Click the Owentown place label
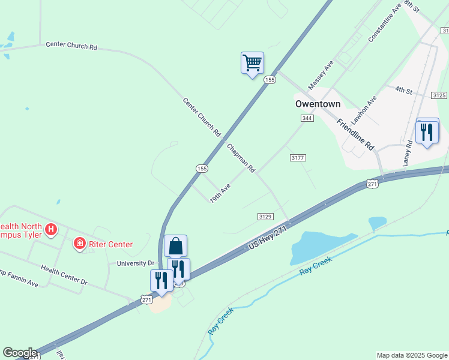pos(318,104)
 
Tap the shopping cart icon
pos(252,62)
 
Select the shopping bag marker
pos(175,245)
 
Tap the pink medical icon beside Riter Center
pos(79,244)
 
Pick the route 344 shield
pos(307,118)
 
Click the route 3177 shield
pos(298,158)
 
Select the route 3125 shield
pos(439,95)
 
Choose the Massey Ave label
pos(321,75)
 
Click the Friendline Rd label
pos(355,134)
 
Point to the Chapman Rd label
pos(241,157)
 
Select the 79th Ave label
pos(220,194)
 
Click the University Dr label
pos(135,263)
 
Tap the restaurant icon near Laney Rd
pos(427,131)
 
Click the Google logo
pos(20,353)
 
